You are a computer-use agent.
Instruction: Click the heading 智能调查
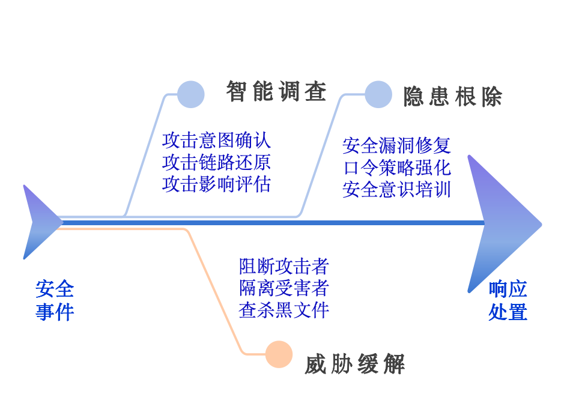click(x=276, y=92)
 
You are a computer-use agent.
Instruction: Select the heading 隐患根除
click(x=452, y=96)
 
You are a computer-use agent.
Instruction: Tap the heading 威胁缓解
click(x=355, y=364)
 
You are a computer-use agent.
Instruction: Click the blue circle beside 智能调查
click(x=191, y=94)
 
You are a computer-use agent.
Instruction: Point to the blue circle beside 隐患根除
click(x=378, y=94)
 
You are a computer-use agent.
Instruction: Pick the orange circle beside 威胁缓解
click(x=279, y=354)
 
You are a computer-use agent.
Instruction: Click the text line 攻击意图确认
click(x=216, y=141)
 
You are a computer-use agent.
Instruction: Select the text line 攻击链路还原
click(x=216, y=162)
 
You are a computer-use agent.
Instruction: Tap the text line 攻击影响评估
click(x=216, y=184)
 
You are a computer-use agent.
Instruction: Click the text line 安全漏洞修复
click(x=396, y=145)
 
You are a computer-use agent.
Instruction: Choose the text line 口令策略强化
click(x=396, y=167)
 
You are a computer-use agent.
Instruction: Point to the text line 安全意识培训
click(x=396, y=189)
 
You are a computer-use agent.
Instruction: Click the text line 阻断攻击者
click(x=283, y=266)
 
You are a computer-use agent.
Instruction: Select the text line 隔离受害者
click(x=283, y=288)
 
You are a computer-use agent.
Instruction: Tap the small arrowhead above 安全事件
click(x=38, y=222)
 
